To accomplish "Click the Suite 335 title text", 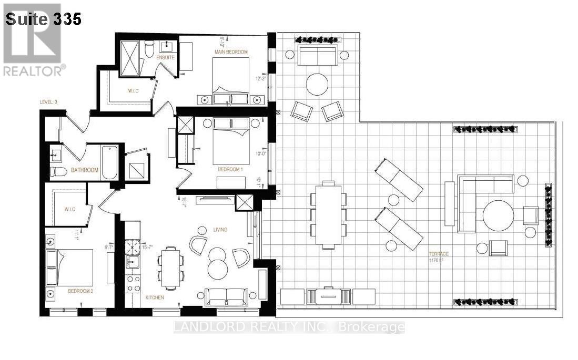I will (43, 19).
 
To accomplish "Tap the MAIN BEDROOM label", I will (230, 52).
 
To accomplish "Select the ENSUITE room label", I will (165, 57).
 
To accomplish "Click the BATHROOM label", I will (85, 170).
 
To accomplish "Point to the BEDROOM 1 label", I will (230, 170).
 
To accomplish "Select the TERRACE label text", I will (438, 254).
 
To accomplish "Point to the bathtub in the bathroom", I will (109, 162).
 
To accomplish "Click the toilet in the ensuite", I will (149, 49).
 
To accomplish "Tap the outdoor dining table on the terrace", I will (328, 214).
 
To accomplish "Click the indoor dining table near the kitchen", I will (170, 267).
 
